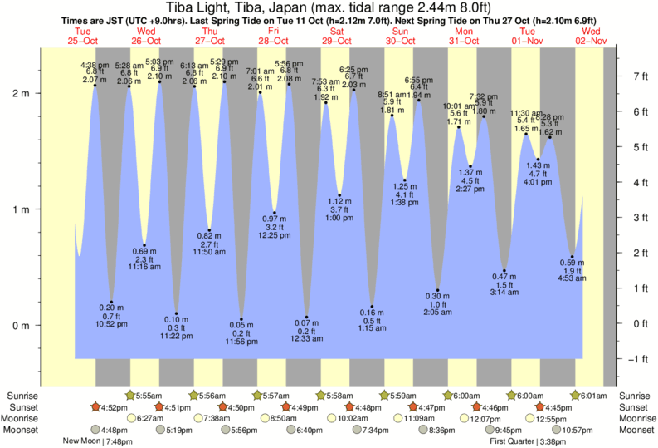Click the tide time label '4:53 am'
pyautogui.click(x=573, y=279)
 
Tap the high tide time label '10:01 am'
pyautogui.click(x=458, y=106)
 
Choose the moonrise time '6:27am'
pyautogui.click(x=151, y=419)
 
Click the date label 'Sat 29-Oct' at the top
pyautogui.click(x=337, y=36)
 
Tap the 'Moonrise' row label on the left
pyautogui.click(x=25, y=419)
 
